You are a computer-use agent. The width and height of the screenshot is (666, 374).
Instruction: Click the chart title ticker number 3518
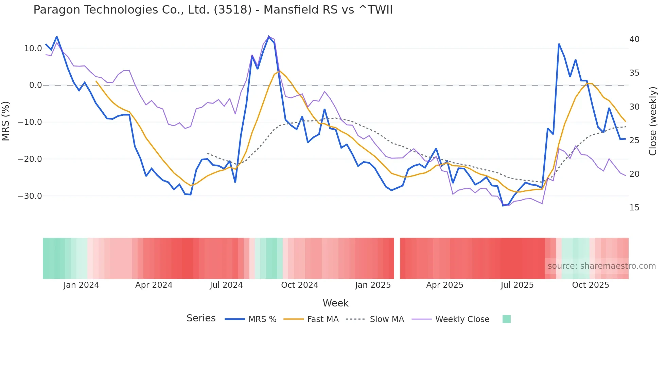[x=233, y=10]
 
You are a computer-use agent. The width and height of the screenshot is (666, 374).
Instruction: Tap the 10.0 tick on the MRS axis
[x=33, y=49]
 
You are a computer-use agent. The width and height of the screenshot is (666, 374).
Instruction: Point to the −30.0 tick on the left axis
[x=30, y=196]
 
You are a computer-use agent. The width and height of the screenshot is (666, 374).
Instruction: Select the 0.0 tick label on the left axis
[x=36, y=85]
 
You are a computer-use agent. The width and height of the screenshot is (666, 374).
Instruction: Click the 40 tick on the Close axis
[x=634, y=39]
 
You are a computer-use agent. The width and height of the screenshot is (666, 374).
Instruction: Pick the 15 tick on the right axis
[x=634, y=208]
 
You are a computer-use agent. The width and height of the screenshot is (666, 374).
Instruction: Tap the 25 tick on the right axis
[x=634, y=141]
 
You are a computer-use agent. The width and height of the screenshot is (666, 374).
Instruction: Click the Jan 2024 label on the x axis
[x=81, y=285]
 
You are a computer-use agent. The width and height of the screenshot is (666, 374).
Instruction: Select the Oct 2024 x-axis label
[x=299, y=285]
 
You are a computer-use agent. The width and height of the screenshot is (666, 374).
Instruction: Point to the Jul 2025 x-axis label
[x=517, y=285]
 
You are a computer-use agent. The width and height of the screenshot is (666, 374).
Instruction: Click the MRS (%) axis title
[x=6, y=121]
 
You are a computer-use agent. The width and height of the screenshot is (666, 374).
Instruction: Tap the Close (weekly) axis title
[x=652, y=121]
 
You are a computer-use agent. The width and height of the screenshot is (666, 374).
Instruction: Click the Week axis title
[x=335, y=303]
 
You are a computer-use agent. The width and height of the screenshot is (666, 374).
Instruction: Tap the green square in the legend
[x=506, y=319]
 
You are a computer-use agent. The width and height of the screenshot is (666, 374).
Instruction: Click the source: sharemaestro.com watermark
[x=601, y=266]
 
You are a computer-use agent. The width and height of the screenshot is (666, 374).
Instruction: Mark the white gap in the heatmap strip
[x=397, y=258]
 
